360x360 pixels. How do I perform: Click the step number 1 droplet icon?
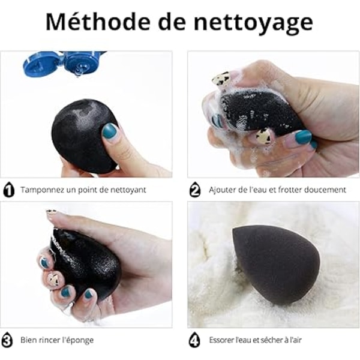[9, 190]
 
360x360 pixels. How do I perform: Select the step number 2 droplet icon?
[195, 190]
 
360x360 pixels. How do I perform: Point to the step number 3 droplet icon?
[7, 340]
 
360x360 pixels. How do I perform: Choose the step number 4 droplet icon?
[194, 340]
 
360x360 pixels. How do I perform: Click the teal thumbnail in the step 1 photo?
[109, 131]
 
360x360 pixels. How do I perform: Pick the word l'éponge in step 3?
[81, 340]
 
